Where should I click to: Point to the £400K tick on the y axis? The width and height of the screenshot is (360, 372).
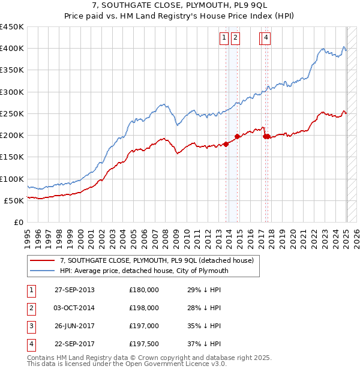point(12,49)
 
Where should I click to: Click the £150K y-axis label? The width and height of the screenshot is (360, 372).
point(12,157)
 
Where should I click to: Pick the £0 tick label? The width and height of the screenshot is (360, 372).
point(19,222)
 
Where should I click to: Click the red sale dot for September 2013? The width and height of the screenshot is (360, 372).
point(226,144)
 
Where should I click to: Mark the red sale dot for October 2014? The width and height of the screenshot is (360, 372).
point(237,136)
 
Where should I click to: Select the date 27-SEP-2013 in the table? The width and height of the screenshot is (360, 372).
point(74,290)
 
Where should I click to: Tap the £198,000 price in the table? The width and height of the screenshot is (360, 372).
point(143,308)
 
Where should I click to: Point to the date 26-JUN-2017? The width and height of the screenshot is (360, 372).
point(74,326)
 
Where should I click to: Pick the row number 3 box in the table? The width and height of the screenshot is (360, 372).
point(30,326)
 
